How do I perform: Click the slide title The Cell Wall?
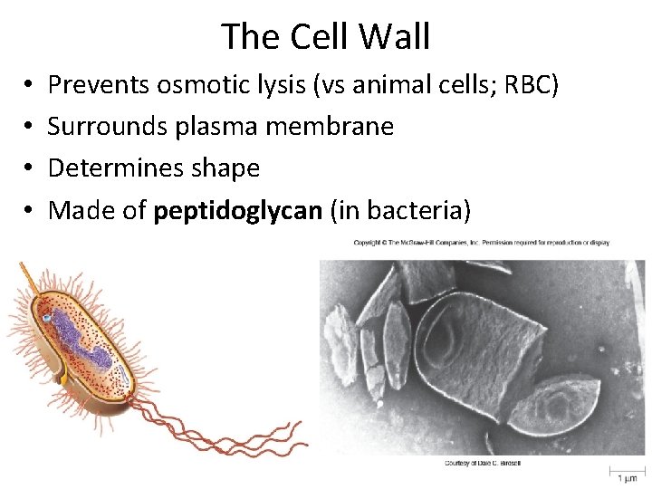(325, 36)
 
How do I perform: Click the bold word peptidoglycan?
(238, 211)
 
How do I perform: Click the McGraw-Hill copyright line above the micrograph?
(481, 243)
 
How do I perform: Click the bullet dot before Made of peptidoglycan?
(29, 211)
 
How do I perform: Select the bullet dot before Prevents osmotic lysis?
(29, 86)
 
